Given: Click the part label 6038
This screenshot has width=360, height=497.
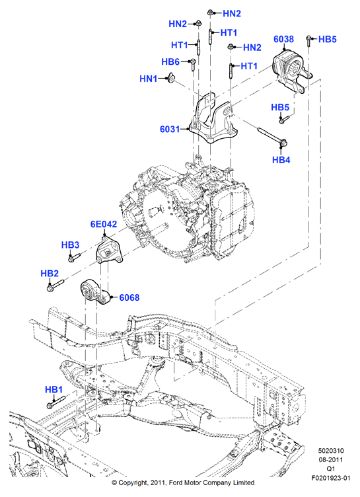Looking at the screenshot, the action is [x=283, y=39].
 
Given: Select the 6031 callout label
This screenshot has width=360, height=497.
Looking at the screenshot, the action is [x=170, y=129].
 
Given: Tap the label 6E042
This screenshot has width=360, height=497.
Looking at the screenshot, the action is [x=104, y=224].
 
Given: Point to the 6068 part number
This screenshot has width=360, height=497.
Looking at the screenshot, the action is [x=129, y=297].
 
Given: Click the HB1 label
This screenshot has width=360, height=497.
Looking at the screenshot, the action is [x=54, y=389].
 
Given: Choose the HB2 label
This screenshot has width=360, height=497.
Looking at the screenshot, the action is [x=50, y=273].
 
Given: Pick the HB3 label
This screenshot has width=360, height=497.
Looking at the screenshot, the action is [x=70, y=245].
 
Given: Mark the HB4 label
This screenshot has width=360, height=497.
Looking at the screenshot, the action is [x=281, y=160].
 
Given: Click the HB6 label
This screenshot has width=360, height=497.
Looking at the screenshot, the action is [x=170, y=61].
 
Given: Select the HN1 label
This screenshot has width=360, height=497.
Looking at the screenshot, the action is [x=149, y=78].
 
